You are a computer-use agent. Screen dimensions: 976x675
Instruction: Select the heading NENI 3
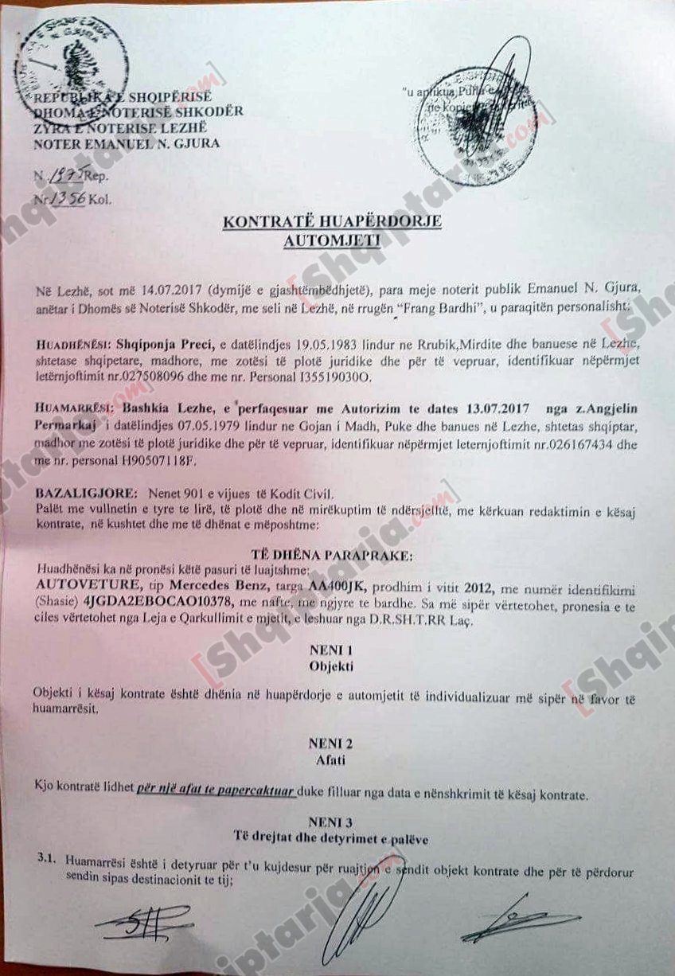(x=333, y=820)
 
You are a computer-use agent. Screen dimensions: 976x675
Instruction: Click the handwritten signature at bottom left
(x=144, y=919)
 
